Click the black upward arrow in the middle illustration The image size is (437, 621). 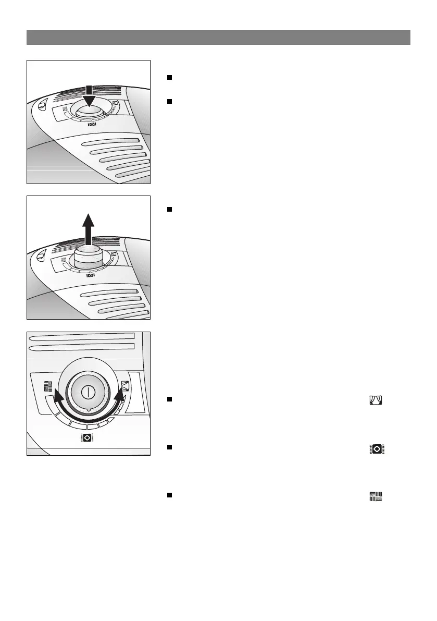pyautogui.click(x=89, y=225)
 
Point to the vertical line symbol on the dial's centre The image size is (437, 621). pyautogui.click(x=89, y=392)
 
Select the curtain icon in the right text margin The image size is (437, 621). pyautogui.click(x=376, y=400)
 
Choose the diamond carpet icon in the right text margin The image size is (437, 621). pyautogui.click(x=376, y=448)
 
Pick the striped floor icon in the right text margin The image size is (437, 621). pyautogui.click(x=376, y=496)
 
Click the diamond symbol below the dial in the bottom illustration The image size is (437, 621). pyautogui.click(x=86, y=438)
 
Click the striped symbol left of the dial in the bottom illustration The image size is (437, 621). pyautogui.click(x=48, y=386)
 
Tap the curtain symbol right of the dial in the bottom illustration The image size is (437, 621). pyautogui.click(x=125, y=387)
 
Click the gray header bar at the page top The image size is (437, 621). pyautogui.click(x=218, y=38)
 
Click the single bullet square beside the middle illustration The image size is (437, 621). pyautogui.click(x=169, y=210)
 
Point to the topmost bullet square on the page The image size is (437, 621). pyautogui.click(x=169, y=77)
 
